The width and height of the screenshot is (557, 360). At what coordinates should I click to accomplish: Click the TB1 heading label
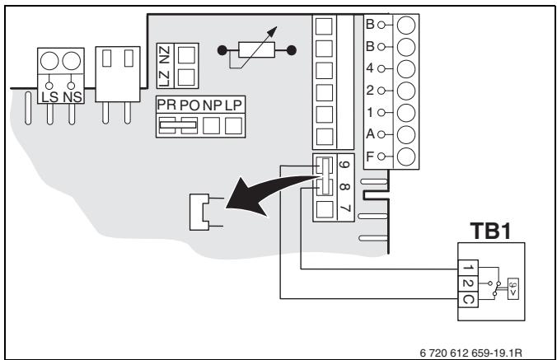pyautogui.click(x=490, y=231)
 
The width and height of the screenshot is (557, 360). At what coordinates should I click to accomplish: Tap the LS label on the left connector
pyautogui.click(x=49, y=97)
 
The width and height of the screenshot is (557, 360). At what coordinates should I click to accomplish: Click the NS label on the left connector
pyautogui.click(x=73, y=97)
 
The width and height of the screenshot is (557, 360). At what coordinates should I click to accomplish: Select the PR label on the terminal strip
pyautogui.click(x=166, y=105)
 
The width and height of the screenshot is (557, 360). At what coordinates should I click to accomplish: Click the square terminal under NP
pyautogui.click(x=211, y=126)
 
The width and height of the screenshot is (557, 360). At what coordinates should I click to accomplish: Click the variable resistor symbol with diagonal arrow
pyautogui.click(x=256, y=49)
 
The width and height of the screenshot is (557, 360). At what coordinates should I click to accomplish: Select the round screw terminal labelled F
pyautogui.click(x=406, y=157)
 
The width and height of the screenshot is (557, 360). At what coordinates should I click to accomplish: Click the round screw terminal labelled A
pyautogui.click(x=406, y=134)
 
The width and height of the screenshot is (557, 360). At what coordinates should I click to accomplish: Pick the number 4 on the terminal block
pyautogui.click(x=370, y=68)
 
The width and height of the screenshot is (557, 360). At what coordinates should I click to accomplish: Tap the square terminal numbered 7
pyautogui.click(x=325, y=209)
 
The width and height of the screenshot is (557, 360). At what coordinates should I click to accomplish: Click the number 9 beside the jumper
pyautogui.click(x=344, y=165)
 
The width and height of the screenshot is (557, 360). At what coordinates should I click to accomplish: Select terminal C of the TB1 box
pyautogui.click(x=468, y=299)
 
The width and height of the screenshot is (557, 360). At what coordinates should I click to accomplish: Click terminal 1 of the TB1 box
pyautogui.click(x=468, y=268)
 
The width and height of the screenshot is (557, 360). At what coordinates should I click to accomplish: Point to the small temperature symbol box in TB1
pyautogui.click(x=513, y=288)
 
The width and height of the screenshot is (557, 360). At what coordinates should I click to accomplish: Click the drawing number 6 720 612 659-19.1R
pyautogui.click(x=471, y=353)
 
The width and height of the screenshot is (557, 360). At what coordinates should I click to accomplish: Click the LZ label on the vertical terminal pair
pyautogui.click(x=164, y=79)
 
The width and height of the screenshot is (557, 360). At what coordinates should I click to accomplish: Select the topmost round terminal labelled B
pyautogui.click(x=406, y=25)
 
